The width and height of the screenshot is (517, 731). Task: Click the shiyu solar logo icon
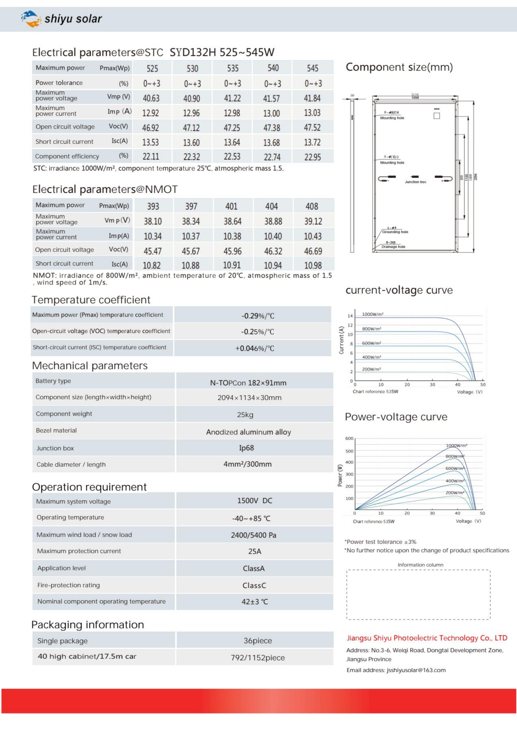31,19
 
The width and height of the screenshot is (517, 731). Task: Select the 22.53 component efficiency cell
232,157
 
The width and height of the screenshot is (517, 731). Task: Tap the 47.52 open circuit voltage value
312,127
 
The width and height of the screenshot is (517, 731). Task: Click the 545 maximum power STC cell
312,68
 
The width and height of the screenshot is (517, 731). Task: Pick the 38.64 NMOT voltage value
232,221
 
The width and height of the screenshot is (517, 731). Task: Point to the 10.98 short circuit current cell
313,265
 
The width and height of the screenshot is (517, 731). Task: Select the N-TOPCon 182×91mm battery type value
248,383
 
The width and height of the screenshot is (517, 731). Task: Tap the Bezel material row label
56,430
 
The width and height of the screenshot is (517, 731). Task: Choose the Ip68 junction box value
246,448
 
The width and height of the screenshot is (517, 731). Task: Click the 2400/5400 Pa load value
253,535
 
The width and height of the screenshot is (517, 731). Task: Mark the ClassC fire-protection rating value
254,585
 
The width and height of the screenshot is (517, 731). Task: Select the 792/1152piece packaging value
257,658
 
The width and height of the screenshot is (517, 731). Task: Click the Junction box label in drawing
415,182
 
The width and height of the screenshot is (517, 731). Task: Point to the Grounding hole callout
395,232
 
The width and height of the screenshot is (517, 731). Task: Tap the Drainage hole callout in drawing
393,246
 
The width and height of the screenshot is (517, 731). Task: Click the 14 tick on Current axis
350,316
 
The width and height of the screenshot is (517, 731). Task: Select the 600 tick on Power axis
349,438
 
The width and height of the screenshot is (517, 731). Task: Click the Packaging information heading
87,625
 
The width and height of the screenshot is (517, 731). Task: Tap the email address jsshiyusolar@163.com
416,670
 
